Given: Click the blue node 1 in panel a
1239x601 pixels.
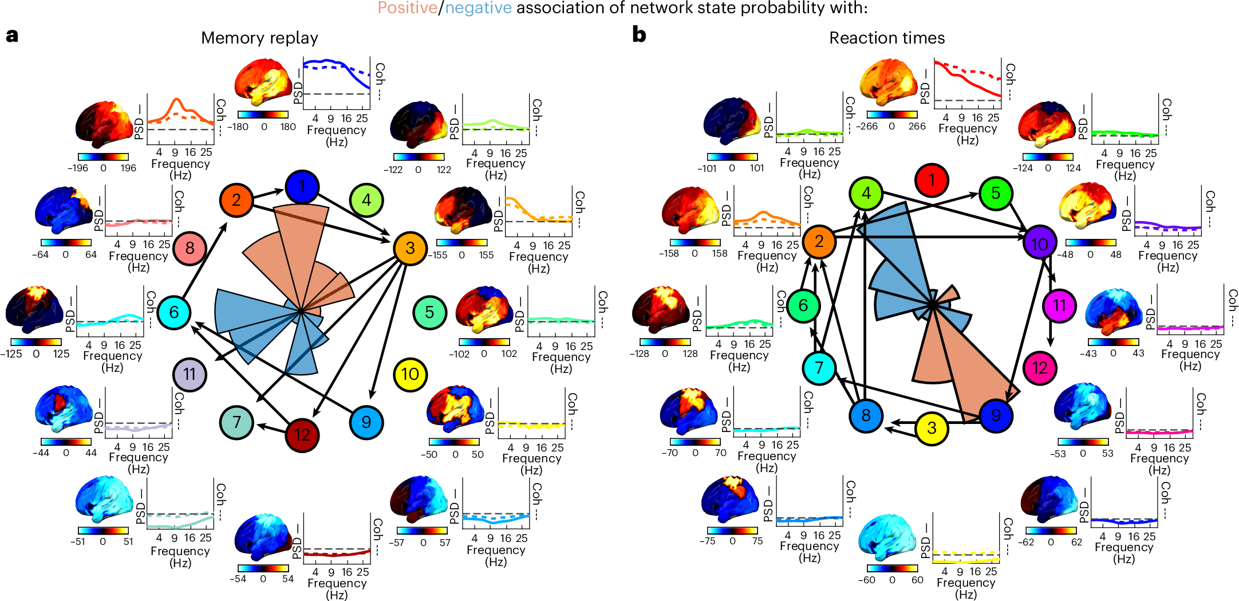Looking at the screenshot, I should point(302,186).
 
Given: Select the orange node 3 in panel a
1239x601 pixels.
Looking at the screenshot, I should point(410,248).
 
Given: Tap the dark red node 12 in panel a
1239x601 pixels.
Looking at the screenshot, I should point(302,435).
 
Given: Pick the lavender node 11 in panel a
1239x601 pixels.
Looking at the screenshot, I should point(190,374).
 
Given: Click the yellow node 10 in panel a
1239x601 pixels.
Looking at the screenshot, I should point(410,374).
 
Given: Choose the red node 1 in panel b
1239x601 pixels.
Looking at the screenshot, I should point(932,180).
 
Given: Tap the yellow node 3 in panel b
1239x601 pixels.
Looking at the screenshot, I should point(932,428).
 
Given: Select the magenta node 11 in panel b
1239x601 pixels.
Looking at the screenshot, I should point(1059,305).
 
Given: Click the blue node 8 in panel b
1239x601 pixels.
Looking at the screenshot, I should point(866,415).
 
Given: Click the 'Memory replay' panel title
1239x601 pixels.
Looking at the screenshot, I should point(259,38).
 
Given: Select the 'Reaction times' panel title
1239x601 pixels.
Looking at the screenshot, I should point(887,38).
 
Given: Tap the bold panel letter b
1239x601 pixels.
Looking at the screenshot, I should point(639,34).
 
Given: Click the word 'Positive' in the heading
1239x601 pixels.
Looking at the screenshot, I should point(407,8).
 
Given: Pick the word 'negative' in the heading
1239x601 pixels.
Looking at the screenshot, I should point(478,8).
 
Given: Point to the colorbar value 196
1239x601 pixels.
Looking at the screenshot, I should point(128,168).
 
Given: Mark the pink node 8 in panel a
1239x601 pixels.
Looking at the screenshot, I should point(190,248).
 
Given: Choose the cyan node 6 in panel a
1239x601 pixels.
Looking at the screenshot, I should point(173,312).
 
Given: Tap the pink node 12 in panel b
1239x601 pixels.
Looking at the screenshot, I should point(1039,368).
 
